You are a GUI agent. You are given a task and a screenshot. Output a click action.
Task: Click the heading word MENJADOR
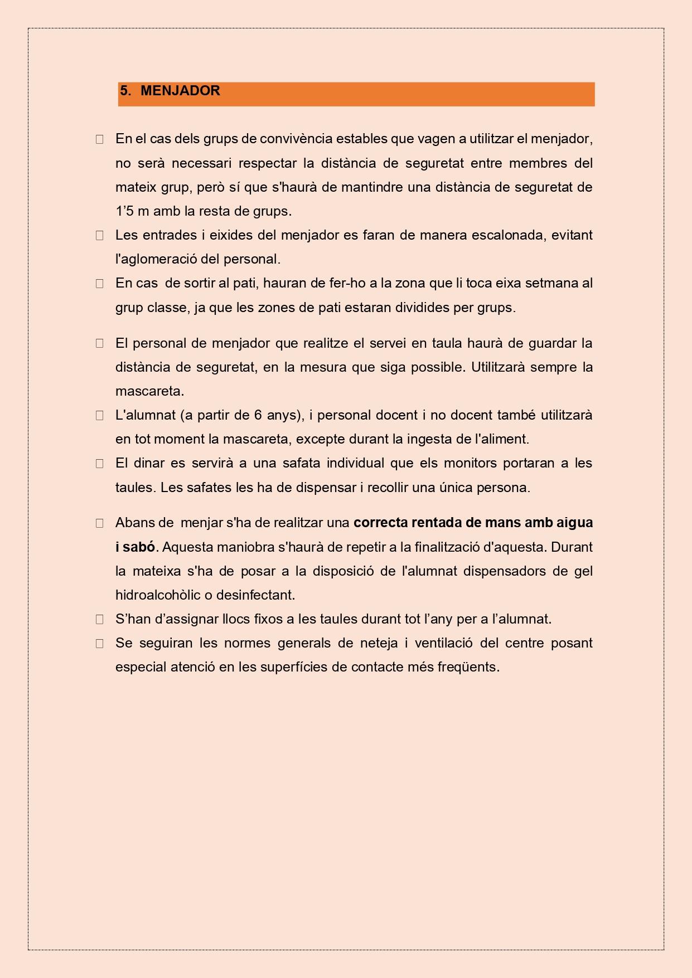[x=180, y=91]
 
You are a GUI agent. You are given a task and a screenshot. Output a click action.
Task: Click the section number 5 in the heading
[x=124, y=91]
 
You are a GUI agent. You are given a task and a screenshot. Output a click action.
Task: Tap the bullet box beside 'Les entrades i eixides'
[x=100, y=235]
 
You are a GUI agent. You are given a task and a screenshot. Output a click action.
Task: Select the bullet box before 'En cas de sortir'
[x=100, y=284]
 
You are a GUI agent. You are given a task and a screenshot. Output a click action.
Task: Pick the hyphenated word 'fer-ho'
[x=347, y=283]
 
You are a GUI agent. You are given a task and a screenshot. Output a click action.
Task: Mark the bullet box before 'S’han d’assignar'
[x=100, y=619]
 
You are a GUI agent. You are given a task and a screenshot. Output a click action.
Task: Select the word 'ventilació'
[x=443, y=643]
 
